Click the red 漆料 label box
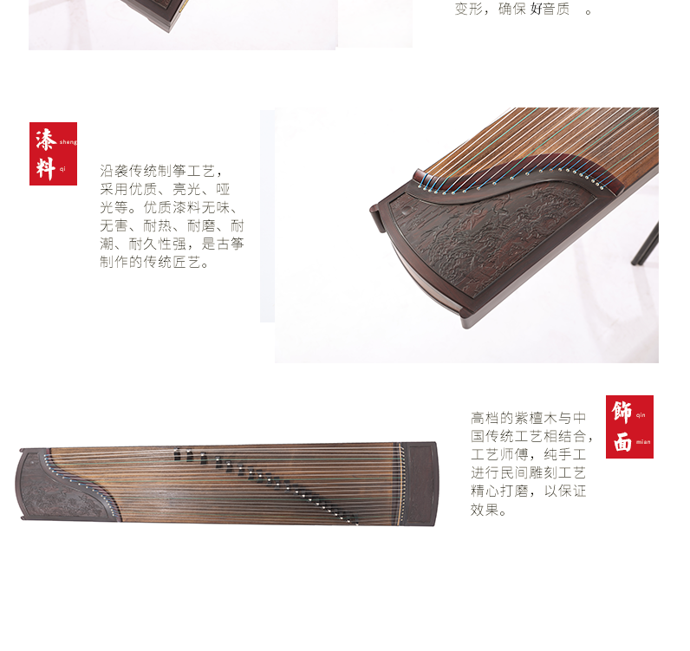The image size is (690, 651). pos(53,153)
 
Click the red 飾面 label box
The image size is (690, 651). pos(629,426)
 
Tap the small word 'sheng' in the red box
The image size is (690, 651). pos(68,142)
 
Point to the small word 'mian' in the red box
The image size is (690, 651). pos(643,442)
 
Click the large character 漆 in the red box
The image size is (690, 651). pos(46,139)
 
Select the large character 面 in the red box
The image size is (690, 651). pos(622,441)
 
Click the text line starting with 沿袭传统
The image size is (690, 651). pos(161,171)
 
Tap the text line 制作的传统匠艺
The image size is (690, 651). pos(154,262)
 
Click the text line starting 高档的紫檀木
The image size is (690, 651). pos(528,417)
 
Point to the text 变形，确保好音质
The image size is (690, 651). pos(524,9)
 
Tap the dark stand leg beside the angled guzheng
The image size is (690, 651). pos(646,244)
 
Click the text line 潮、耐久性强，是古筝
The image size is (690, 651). pos(172,244)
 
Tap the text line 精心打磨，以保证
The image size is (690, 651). pos(528,492)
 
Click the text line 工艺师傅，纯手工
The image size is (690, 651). pos(528,454)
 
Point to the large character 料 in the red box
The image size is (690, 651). pos(46,168)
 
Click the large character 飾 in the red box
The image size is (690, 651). pos(622,412)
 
